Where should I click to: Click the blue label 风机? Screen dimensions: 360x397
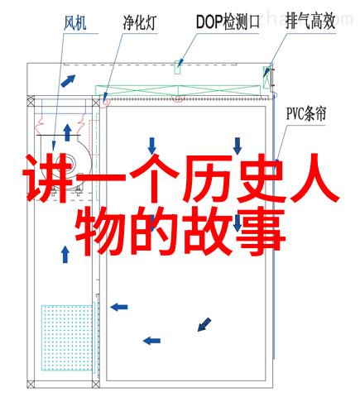click(x=74, y=23)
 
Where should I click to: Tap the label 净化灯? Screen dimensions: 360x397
click(x=140, y=23)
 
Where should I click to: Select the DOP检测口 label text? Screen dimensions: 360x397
click(x=228, y=22)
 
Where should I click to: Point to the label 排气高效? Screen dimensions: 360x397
click(x=310, y=21)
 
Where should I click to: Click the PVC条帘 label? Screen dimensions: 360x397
click(x=306, y=113)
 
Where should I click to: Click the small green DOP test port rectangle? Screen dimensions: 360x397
click(x=178, y=68)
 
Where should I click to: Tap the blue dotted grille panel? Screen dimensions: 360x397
click(x=67, y=337)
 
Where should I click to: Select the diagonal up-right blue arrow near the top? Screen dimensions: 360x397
click(x=68, y=81)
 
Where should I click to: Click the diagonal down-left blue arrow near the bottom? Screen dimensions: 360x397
click(x=204, y=324)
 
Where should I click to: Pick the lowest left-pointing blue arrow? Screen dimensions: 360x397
click(x=151, y=341)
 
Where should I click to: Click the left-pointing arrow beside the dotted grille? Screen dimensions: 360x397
click(x=119, y=307)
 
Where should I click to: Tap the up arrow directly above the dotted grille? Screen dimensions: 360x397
click(x=65, y=255)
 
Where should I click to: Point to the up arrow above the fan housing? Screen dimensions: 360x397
click(x=67, y=132)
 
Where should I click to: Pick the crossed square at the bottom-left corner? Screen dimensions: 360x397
click(x=31, y=384)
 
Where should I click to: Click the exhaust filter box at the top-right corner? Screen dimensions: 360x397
click(x=266, y=78)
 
